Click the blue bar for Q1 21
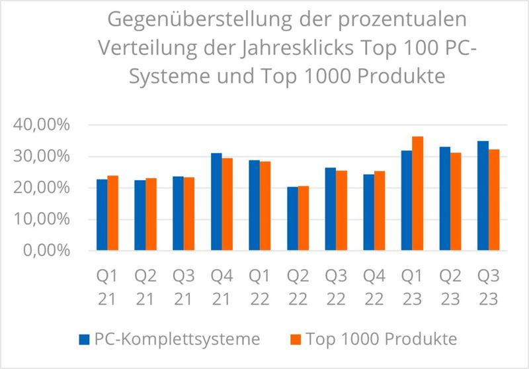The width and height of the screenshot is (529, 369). (x=102, y=215)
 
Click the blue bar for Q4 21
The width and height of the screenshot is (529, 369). (x=216, y=202)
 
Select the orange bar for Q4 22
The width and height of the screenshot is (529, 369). (x=379, y=211)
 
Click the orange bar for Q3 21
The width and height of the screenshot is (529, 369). (x=188, y=214)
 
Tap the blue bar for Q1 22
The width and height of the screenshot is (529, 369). (x=255, y=205)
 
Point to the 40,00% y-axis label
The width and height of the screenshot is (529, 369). (x=41, y=125)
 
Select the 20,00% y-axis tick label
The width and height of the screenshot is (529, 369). (x=41, y=188)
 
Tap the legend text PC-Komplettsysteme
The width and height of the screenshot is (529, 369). (x=177, y=340)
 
